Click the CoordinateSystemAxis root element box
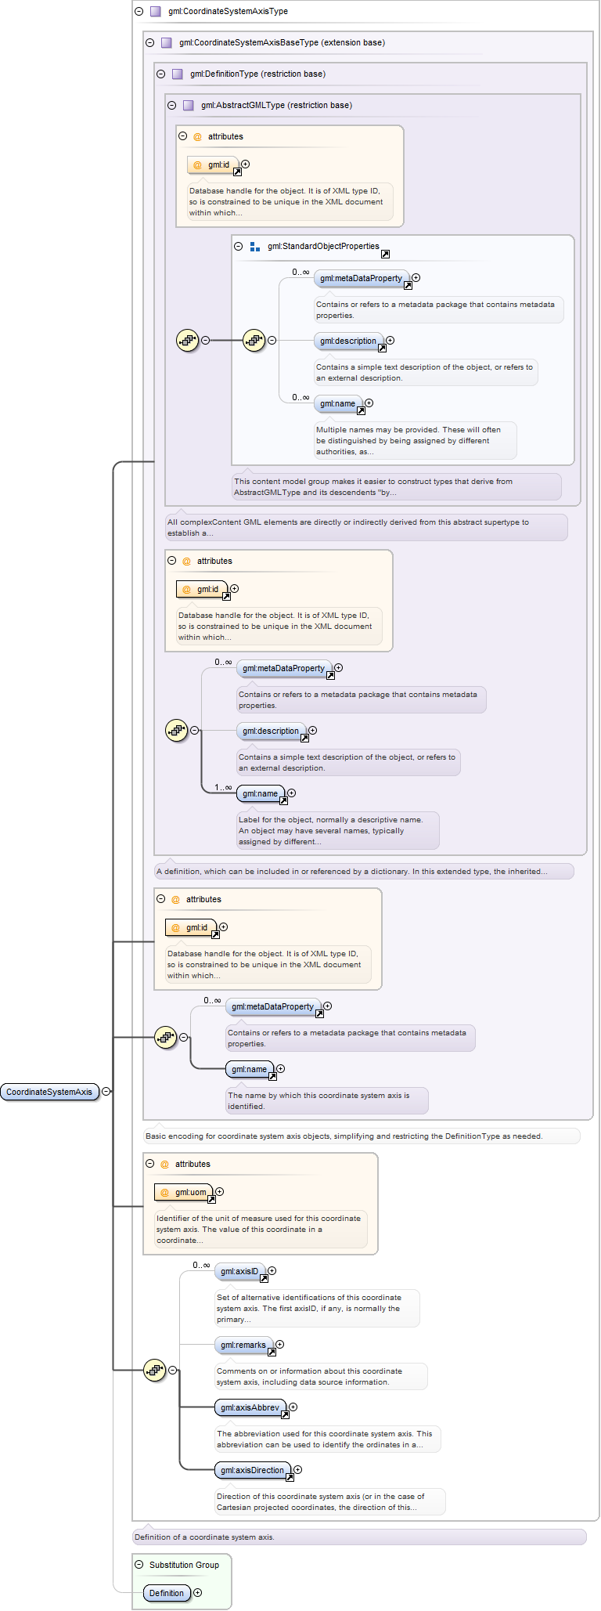tap(50, 1092)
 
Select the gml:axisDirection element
tap(253, 1470)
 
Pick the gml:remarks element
tap(243, 1345)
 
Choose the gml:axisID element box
tap(239, 1271)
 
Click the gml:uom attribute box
tap(184, 1192)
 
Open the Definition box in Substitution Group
tap(167, 1593)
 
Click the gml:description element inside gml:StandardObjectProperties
tap(348, 341)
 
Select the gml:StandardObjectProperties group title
tap(323, 246)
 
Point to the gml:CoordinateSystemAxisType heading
tap(228, 11)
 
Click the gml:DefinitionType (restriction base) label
tap(257, 74)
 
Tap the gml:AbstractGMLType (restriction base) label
tap(276, 105)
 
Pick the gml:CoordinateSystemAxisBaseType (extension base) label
tap(282, 42)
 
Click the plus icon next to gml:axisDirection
tap(298, 1470)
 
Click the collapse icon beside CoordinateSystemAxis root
tap(106, 1092)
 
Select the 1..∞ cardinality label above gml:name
tap(223, 787)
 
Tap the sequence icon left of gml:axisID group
tap(155, 1371)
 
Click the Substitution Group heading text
tap(184, 1565)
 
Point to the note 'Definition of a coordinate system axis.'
tap(204, 1537)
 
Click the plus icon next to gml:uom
tap(220, 1192)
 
